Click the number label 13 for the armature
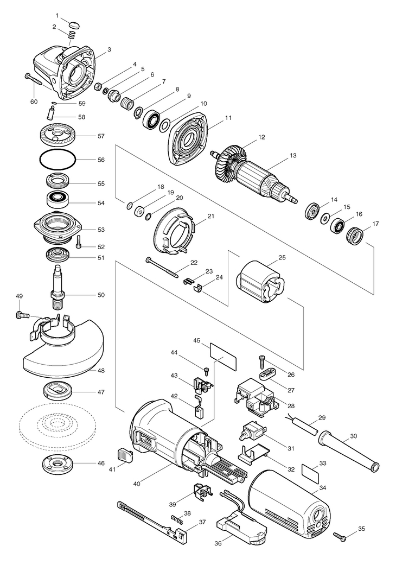[x=293, y=156]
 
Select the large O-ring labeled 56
[x=58, y=159]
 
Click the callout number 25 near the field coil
[x=282, y=258]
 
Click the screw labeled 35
[x=340, y=536]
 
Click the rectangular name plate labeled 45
[x=223, y=356]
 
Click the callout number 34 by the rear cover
[x=323, y=488]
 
